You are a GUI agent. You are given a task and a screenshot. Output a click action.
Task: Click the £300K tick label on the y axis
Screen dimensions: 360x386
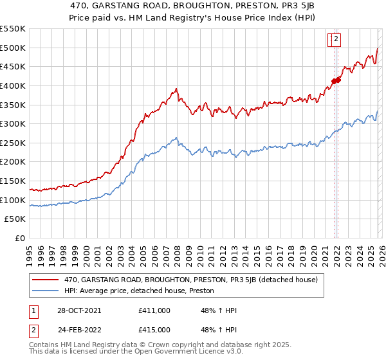point(12,123)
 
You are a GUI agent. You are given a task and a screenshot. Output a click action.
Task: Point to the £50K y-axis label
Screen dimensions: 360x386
point(15,219)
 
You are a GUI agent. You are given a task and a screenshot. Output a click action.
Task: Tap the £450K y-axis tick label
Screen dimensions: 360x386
point(12,66)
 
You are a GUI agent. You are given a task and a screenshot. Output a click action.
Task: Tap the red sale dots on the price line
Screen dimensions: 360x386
point(335,80)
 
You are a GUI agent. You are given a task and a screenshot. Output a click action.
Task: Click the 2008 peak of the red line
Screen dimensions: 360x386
point(176,89)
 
